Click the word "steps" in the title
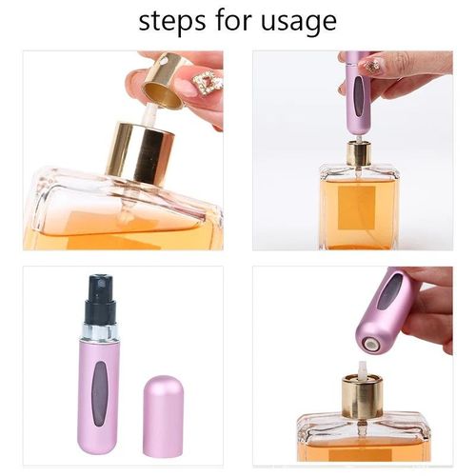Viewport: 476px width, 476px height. point(170,21)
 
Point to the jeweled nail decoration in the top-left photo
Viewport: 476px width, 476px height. point(207,85)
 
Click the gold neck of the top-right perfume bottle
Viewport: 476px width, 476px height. point(358,152)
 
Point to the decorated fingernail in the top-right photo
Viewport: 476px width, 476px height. point(370,68)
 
